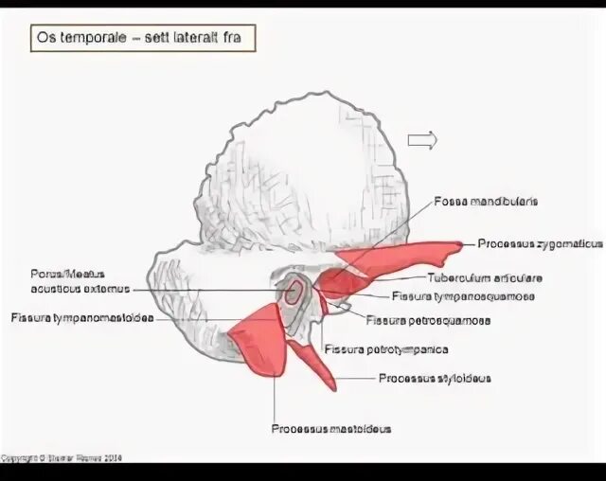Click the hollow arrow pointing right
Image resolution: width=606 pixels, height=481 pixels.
422,140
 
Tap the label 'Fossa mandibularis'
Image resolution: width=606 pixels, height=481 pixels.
486,201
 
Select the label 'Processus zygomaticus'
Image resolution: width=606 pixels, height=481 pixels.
540,243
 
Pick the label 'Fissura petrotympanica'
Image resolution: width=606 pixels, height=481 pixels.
386,348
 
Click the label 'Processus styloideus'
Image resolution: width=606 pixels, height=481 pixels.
435,378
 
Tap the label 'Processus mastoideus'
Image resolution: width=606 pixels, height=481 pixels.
330,428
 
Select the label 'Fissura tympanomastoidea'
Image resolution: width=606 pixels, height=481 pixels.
82,318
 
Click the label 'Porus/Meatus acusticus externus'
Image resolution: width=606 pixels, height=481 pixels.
80,281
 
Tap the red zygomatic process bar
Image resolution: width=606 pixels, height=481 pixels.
398,258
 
